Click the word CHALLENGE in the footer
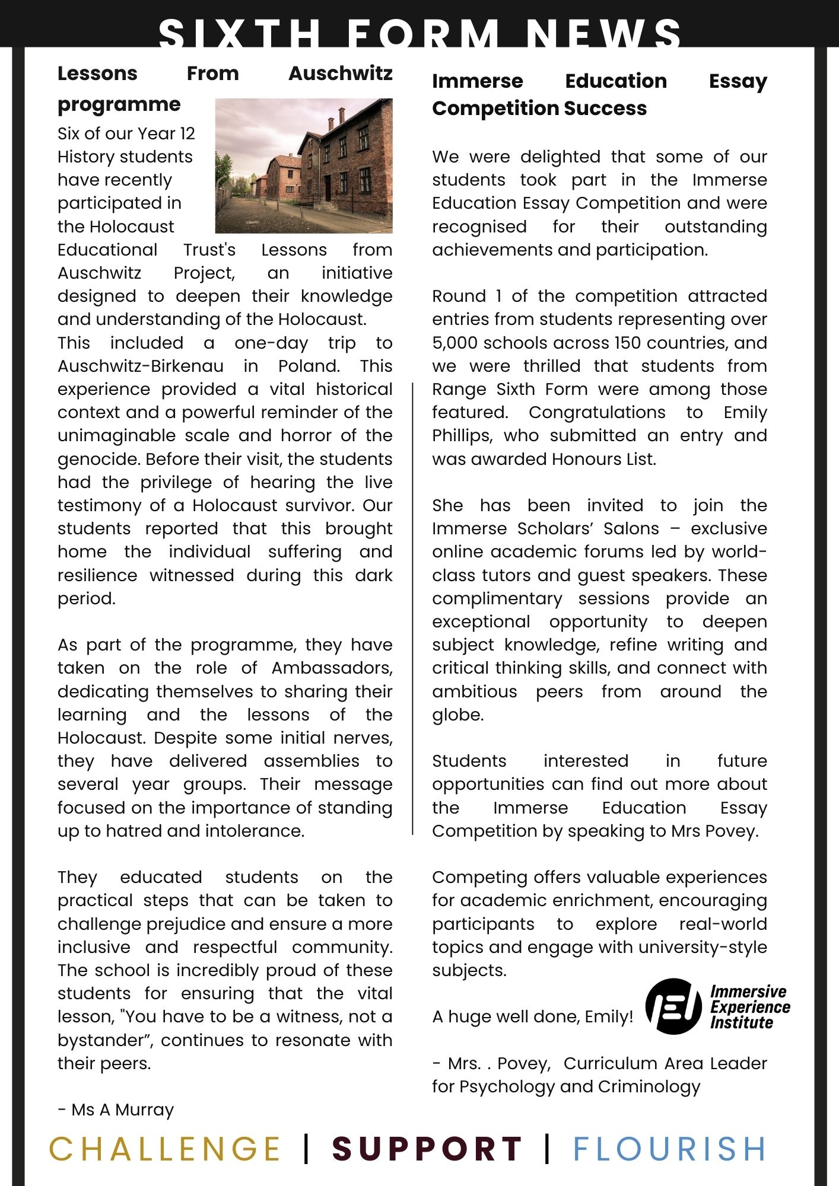click(164, 1149)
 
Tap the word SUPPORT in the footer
click(427, 1149)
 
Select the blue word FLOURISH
click(669, 1149)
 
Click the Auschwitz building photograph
click(304, 165)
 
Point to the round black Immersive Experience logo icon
click(673, 1007)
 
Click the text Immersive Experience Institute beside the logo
click(749, 1007)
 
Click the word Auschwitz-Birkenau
click(140, 366)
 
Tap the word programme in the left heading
click(119, 105)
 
